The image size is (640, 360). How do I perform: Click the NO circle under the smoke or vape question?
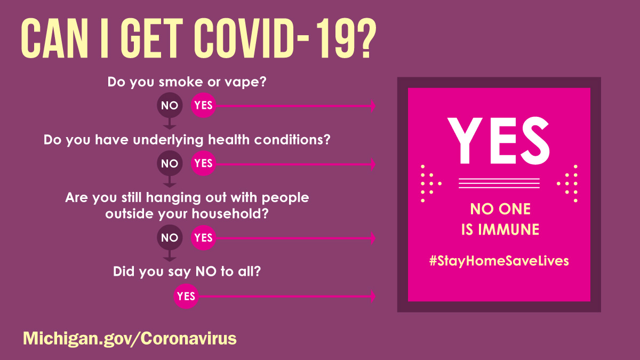169,106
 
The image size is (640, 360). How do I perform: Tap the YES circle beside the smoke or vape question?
203,106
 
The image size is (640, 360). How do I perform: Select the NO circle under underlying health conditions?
169,163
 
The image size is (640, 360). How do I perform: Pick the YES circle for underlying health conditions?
203,163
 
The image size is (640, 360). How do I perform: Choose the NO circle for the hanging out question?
169,238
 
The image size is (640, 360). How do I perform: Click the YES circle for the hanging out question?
203,238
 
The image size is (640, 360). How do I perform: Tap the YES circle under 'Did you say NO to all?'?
186,296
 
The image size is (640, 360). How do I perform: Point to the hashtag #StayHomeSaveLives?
499,261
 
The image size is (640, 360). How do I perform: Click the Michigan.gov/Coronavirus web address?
130,338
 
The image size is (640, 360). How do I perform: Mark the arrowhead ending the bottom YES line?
373,296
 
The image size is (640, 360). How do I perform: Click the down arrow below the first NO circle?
169,125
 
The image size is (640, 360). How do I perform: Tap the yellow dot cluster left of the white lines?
430,183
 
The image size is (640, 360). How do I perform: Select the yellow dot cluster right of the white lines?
568,183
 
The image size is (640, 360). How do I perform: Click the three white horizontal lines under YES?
499,183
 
